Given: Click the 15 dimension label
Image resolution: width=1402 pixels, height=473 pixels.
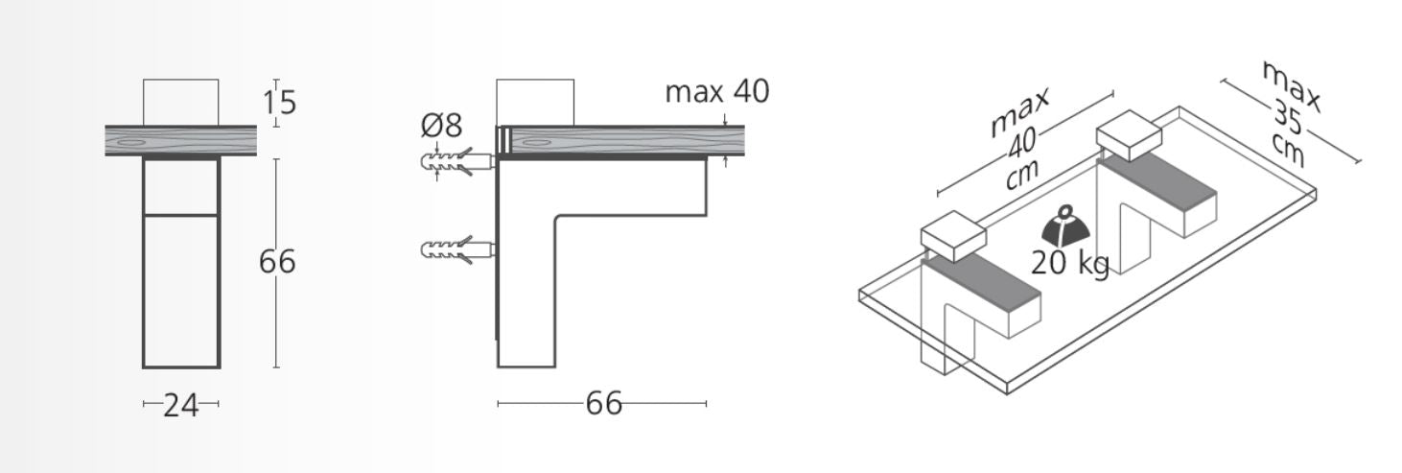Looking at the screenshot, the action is coord(279,103).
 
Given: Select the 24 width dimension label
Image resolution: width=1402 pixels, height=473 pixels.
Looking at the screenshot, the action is coord(181,405).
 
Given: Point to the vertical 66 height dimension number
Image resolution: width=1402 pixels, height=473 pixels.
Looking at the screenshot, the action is coord(276,262).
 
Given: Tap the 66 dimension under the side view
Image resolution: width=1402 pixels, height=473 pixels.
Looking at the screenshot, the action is coord(603,404).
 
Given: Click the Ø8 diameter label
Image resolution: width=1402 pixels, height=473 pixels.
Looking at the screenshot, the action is coord(442,126).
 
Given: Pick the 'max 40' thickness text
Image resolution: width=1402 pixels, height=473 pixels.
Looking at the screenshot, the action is coord(717,91).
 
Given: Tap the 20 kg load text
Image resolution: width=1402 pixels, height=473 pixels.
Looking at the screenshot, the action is coord(1069,263).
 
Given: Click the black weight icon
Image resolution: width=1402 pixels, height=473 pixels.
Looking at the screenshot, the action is coord(1066,226).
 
